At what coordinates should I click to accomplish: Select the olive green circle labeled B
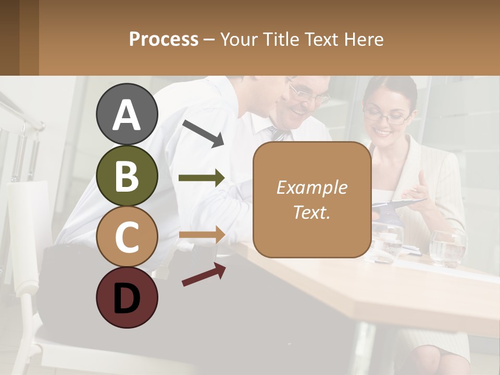coord(127,176)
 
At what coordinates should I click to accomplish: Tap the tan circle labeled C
coord(127,236)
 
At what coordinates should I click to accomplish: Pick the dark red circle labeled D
coord(127,297)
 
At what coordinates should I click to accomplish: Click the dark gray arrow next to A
coord(203,132)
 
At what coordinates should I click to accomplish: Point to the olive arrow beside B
coord(202,178)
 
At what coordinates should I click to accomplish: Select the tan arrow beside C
coord(202,234)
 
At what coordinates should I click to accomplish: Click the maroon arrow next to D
coord(204,274)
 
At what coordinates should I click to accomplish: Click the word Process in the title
coord(164,39)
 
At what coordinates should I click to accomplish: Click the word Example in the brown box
coord(311,187)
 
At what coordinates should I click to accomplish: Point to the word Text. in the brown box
coord(311,212)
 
